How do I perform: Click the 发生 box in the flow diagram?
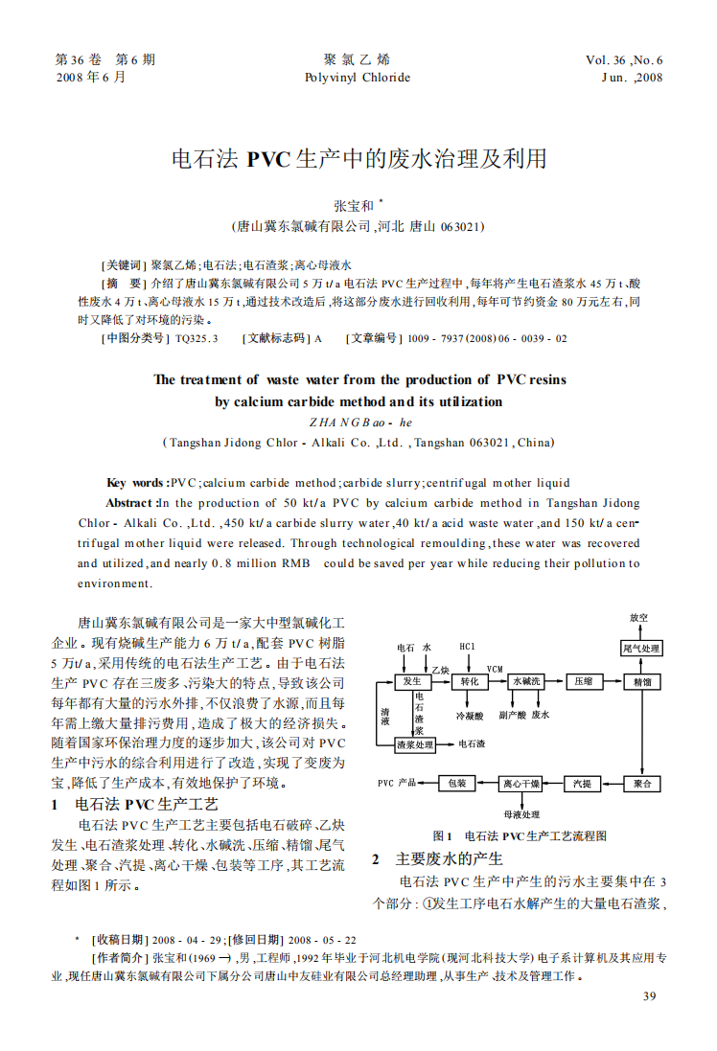coord(412,681)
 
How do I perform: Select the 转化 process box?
coord(470,681)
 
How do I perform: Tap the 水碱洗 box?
coord(526,681)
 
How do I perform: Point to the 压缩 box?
coord(584,681)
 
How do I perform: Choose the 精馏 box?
coord(641,681)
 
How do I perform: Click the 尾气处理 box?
coord(641,649)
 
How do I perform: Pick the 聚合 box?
coord(641,784)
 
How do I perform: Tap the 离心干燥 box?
coord(521,784)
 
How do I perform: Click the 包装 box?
coord(456,784)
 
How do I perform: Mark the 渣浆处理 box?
coord(415,743)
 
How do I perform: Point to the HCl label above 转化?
coord(468,647)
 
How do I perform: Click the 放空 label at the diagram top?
coord(638,618)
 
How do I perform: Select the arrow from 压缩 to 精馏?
coord(613,681)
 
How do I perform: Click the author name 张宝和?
coord(353,205)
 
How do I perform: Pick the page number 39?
coord(650,997)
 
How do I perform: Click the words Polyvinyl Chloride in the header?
coord(357,78)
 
